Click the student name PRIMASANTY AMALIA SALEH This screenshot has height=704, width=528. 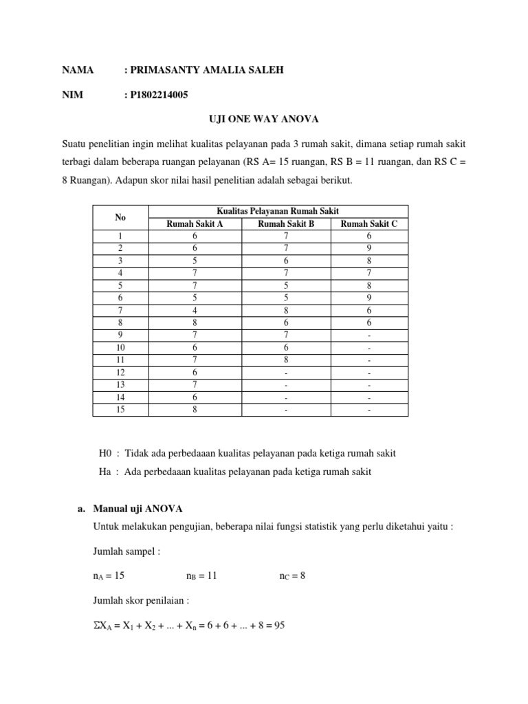(x=204, y=69)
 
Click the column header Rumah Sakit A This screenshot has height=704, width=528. (x=195, y=223)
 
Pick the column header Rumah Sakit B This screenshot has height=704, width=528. (x=285, y=223)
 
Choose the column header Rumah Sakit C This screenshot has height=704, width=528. (x=369, y=223)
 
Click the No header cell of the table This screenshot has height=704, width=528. (x=121, y=217)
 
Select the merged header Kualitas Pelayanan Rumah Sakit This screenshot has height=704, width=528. (x=278, y=211)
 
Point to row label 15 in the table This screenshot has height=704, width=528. (x=121, y=410)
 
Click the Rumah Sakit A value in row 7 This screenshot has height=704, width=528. (x=195, y=309)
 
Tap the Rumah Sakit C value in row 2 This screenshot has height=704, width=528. (x=369, y=247)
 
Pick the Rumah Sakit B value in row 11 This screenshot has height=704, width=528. (x=285, y=360)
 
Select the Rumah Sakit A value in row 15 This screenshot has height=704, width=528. (x=195, y=410)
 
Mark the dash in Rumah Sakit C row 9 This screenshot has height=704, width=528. (x=369, y=335)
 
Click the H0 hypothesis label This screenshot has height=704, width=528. (x=107, y=454)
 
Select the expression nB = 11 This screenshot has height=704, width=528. (x=201, y=575)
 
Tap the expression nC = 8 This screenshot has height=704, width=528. (x=291, y=575)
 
